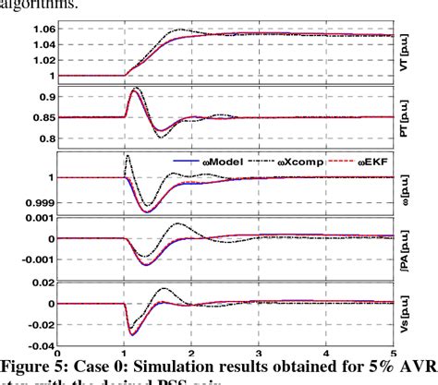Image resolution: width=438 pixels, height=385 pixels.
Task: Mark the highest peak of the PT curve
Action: (135, 90)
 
